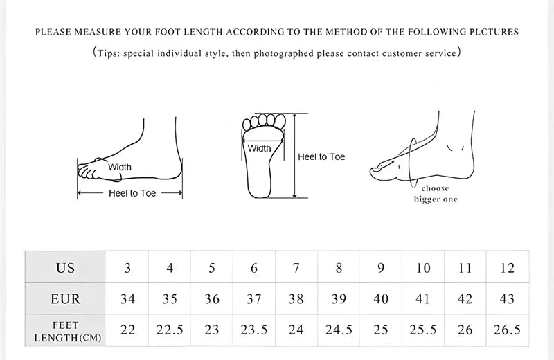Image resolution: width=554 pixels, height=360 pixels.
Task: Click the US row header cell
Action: tap(65, 268)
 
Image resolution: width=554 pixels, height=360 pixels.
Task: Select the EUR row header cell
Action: tap(65, 299)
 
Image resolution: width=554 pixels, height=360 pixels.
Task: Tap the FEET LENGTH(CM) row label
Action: tap(65, 331)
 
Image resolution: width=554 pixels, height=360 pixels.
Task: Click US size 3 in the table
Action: tap(127, 268)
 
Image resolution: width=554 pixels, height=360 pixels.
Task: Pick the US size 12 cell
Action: tap(507, 268)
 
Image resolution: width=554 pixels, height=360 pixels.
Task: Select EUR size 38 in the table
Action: tap(296, 299)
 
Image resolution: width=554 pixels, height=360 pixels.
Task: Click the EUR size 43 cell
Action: tap(507, 299)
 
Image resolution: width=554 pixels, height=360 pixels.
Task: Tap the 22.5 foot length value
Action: tap(170, 330)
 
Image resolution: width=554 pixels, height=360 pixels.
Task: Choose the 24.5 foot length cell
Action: tap(339, 330)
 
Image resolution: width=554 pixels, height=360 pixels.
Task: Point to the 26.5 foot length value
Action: tap(507, 330)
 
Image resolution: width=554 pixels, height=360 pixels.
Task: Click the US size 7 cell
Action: tap(296, 268)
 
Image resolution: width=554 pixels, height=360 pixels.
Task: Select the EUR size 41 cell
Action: tap(422, 299)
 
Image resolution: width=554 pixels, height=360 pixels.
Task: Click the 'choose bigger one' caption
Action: tap(436, 194)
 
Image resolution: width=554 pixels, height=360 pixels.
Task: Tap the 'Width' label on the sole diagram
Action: tap(260, 148)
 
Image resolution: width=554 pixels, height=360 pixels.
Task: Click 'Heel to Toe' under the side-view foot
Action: tap(132, 194)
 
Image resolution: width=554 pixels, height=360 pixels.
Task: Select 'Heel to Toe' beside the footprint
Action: tap(321, 157)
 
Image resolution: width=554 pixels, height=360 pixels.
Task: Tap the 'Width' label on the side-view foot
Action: tap(119, 167)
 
